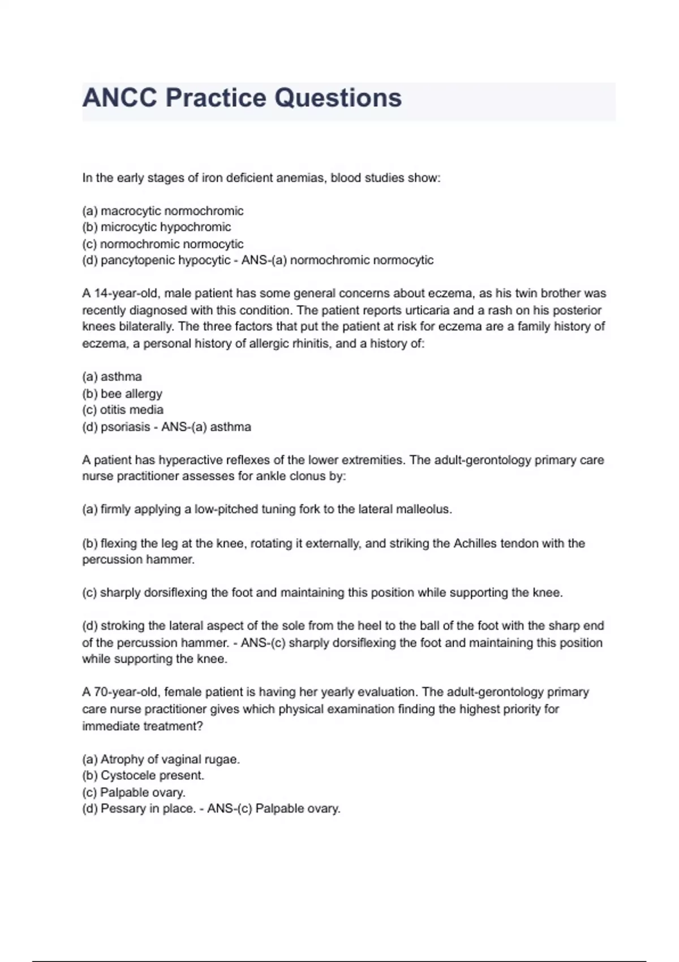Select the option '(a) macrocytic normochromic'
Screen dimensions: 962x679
(x=163, y=211)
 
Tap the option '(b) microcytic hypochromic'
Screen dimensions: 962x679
(x=157, y=227)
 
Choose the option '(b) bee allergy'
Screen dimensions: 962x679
(x=122, y=394)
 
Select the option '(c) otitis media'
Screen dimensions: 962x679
(x=123, y=410)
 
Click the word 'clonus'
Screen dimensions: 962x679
(x=306, y=476)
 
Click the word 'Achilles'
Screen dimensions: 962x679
(x=476, y=544)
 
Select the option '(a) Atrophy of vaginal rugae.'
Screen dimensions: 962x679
(x=161, y=759)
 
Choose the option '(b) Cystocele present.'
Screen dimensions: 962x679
(x=143, y=776)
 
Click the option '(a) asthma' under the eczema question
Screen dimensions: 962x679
(x=112, y=377)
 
